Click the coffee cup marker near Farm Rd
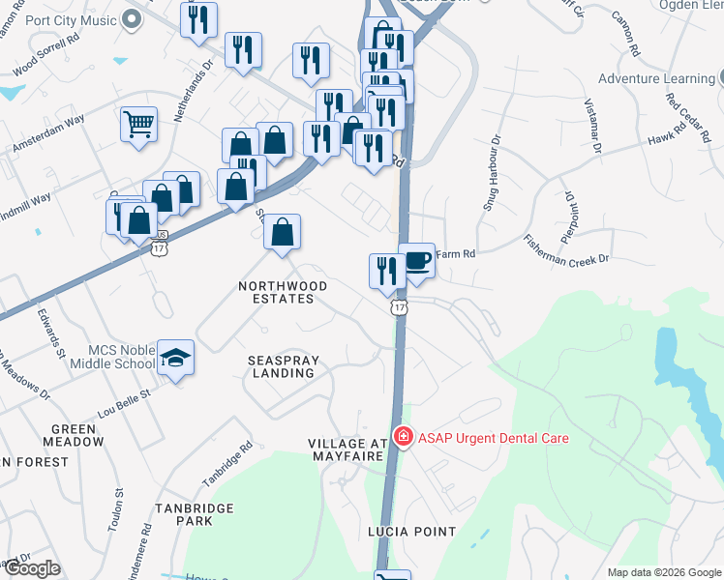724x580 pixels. pyautogui.click(x=417, y=261)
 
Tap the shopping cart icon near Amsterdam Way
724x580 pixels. pyautogui.click(x=138, y=125)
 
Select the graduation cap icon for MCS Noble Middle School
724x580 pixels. pyautogui.click(x=175, y=359)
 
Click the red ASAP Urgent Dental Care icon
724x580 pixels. pyautogui.click(x=403, y=438)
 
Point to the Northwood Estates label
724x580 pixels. pyautogui.click(x=284, y=293)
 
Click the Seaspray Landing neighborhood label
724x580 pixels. pyautogui.click(x=282, y=366)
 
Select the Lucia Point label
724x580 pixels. pyautogui.click(x=411, y=532)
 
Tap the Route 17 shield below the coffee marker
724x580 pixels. pyautogui.click(x=399, y=306)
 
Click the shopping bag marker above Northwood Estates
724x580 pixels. pyautogui.click(x=282, y=233)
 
